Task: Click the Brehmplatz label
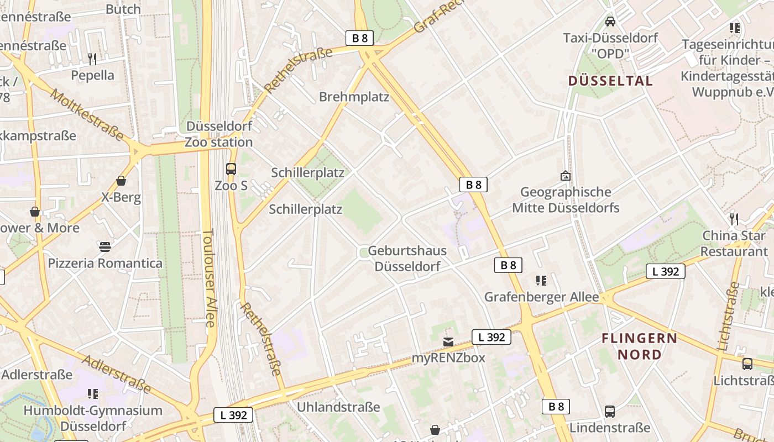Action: point(354,97)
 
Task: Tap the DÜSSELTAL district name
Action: point(610,81)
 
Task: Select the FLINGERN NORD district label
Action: point(639,346)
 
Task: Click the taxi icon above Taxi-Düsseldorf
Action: point(610,22)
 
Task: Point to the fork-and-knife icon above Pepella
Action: point(92,59)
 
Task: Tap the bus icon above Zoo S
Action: point(231,169)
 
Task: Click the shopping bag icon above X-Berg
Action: point(121,181)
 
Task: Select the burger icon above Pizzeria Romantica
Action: point(105,246)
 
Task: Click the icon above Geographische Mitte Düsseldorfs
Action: point(566,176)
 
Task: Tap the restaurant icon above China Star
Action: point(734,219)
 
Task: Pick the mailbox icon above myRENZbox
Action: point(448,342)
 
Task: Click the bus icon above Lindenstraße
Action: point(610,412)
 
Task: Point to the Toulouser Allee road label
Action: point(208,278)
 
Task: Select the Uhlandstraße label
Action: point(338,407)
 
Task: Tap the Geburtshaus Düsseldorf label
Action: point(407,259)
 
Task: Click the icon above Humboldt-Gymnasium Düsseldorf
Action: point(93,394)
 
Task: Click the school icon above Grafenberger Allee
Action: point(541,281)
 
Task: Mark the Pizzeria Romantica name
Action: point(105,263)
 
